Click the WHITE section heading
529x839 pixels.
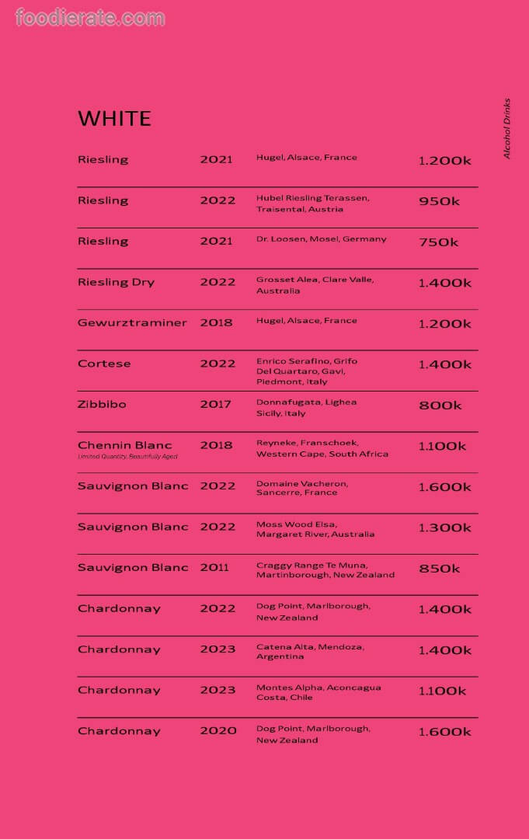tap(114, 118)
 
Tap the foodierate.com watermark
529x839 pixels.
tap(90, 17)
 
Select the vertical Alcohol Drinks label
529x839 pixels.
tap(507, 128)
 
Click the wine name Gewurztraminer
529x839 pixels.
tap(132, 322)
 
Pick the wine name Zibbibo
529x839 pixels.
tap(102, 404)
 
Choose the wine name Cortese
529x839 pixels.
tap(104, 364)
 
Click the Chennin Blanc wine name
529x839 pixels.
tap(125, 445)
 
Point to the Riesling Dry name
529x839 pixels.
tap(116, 282)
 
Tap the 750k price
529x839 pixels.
tap(439, 242)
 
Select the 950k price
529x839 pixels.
tap(439, 201)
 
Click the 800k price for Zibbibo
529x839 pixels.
tap(440, 406)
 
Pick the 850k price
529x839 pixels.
tap(440, 569)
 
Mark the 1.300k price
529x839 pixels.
tap(444, 527)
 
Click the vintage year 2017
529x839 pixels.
tap(216, 404)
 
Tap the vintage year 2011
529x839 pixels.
tap(214, 567)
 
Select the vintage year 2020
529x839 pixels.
tap(218, 731)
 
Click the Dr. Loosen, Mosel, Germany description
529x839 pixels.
tap(321, 239)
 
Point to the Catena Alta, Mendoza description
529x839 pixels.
tap(310, 651)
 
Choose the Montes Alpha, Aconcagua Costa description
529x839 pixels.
tap(318, 692)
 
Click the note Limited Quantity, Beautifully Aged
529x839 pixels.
tap(127, 457)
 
